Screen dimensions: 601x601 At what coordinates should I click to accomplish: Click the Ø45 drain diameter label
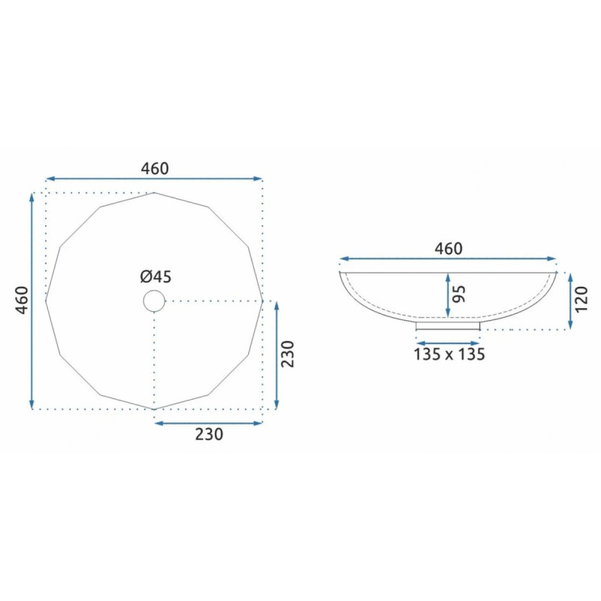pos(156,276)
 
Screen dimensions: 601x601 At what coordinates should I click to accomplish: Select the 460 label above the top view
pos(155,168)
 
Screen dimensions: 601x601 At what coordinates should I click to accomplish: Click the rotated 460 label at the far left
pos(23,300)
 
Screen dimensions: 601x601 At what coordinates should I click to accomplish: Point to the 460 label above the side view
pos(448,249)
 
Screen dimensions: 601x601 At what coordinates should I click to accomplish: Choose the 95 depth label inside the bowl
pos(459,294)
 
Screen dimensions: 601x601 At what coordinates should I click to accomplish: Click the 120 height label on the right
pos(581,299)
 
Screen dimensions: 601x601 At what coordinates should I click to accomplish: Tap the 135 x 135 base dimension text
pos(449,354)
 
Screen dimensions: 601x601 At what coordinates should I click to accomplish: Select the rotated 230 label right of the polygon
pos(287,354)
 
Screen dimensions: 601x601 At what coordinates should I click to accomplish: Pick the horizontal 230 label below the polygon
pos(209,434)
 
